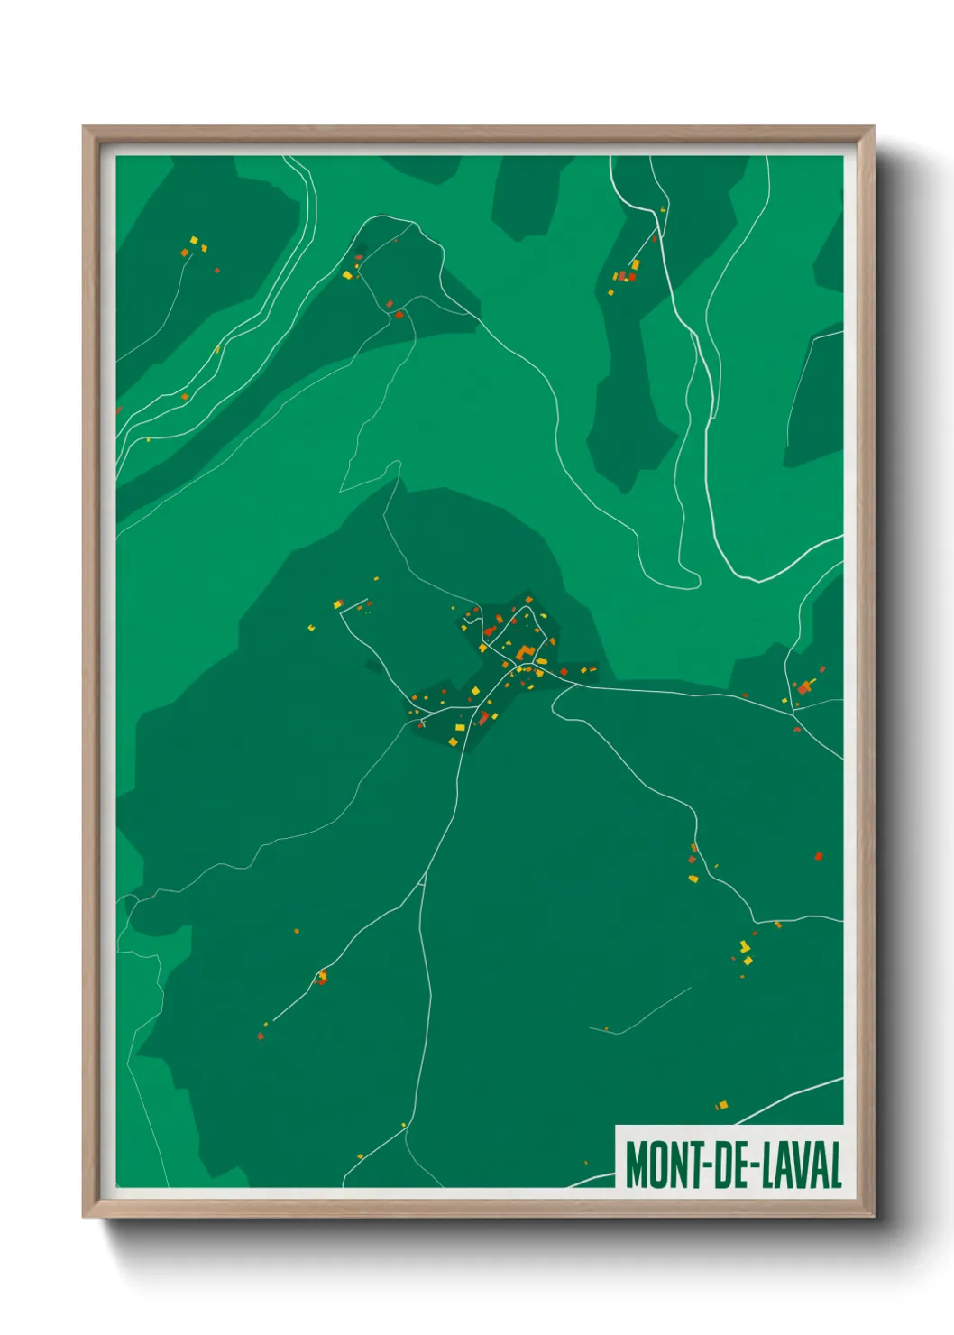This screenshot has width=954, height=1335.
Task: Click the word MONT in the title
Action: coord(665,1165)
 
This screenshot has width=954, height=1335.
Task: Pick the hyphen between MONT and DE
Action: coord(709,1166)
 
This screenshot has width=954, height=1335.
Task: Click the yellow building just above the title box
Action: coord(721,1105)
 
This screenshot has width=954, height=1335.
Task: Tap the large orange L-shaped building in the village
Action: coord(524,650)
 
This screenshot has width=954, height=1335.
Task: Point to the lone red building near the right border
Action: coord(818,856)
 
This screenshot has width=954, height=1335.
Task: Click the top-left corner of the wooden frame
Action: coord(84,127)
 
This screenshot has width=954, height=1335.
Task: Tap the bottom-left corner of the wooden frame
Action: coord(84,1217)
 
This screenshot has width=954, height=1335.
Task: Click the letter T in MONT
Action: coord(695,1165)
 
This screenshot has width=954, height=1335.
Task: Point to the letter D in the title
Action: coord(724,1165)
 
